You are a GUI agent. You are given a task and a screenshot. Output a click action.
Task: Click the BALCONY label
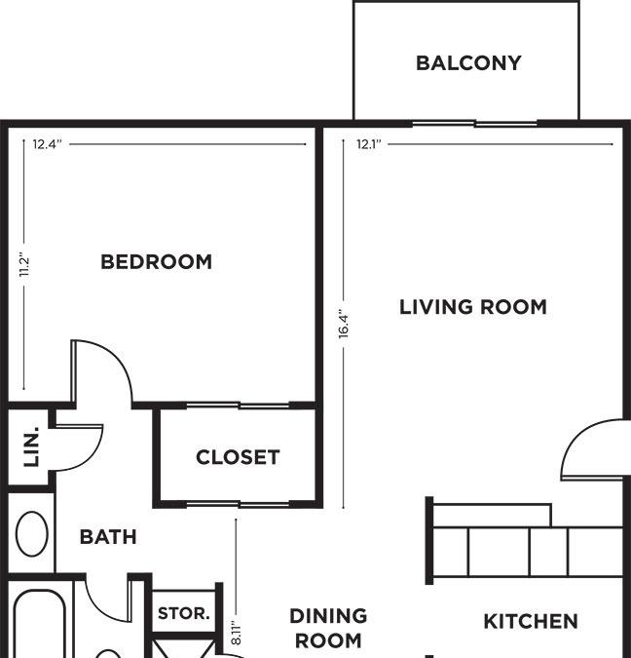click(x=468, y=63)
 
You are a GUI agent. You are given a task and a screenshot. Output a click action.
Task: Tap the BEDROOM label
click(x=157, y=262)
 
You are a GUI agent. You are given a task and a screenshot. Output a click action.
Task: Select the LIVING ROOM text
click(x=473, y=307)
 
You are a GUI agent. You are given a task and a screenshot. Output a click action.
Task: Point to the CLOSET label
click(x=238, y=457)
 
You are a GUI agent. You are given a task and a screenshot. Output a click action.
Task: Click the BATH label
click(x=108, y=537)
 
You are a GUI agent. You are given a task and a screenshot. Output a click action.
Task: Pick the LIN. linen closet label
click(x=31, y=446)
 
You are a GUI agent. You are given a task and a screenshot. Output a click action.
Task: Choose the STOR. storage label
click(x=184, y=613)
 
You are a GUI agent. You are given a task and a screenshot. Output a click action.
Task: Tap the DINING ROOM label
click(x=328, y=628)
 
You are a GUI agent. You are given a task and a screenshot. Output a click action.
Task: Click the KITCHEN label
click(x=531, y=622)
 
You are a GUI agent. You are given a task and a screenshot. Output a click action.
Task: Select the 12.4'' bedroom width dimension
click(x=48, y=144)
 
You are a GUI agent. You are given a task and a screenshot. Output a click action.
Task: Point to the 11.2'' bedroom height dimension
click(x=24, y=264)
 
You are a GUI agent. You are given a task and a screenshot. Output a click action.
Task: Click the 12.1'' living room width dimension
click(x=369, y=144)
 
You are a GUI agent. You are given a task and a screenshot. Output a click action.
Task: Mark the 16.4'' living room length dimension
click(x=344, y=325)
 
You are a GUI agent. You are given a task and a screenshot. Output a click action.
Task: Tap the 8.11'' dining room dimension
click(x=236, y=634)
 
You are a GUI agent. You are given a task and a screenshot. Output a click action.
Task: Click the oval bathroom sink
click(x=32, y=534)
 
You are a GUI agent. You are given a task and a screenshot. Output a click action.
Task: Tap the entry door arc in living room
click(x=575, y=439)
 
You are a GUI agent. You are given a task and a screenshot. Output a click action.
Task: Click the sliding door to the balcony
click(x=474, y=124)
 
